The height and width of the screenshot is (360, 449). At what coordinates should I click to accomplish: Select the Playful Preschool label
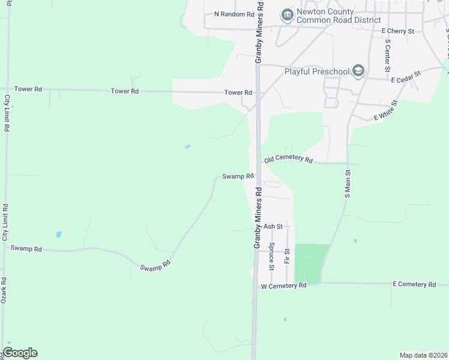click(317, 72)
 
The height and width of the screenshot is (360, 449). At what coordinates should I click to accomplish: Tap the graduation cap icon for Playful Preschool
click(358, 71)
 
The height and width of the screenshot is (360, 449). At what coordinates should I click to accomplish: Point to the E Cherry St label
click(397, 31)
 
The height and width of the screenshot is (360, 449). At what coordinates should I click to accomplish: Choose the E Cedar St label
click(406, 76)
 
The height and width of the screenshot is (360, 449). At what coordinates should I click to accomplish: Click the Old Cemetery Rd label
click(289, 160)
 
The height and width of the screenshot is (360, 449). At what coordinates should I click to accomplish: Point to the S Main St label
click(347, 184)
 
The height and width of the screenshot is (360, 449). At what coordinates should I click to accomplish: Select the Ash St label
click(273, 226)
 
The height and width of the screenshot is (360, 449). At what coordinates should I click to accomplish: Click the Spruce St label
click(271, 254)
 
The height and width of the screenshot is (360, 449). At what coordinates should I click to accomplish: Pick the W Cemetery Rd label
click(283, 286)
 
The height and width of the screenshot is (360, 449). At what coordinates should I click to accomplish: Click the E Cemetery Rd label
click(414, 284)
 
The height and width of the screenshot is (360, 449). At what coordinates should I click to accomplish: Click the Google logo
click(20, 352)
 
